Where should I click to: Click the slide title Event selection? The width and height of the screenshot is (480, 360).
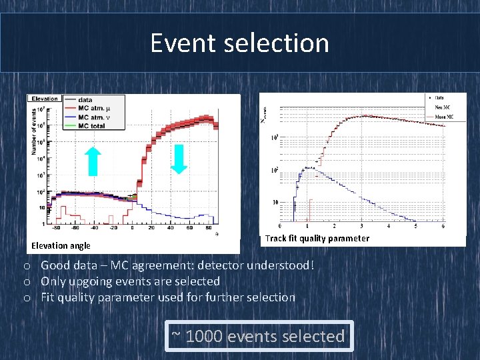239,43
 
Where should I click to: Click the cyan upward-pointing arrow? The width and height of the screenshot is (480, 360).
93,161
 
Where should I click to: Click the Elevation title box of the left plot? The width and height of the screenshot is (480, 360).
45,99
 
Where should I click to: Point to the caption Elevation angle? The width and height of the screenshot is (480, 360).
61,246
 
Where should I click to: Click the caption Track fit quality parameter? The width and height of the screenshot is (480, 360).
317,238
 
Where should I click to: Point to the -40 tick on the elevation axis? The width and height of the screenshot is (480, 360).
95,228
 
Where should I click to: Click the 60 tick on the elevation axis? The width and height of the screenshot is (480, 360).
191,228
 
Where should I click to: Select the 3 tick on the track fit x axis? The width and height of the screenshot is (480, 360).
362,226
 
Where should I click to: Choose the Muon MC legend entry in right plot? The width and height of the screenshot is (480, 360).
444,117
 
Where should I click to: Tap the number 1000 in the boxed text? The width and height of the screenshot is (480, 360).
205,337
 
